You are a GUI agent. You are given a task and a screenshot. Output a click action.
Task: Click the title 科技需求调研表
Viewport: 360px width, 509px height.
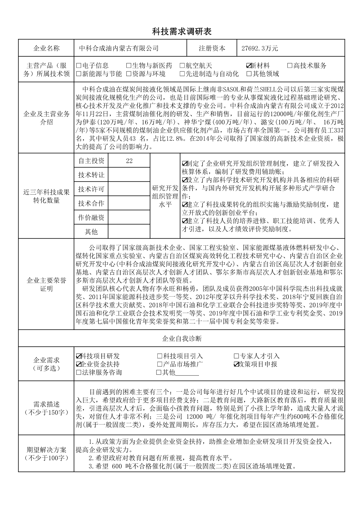click(182, 32)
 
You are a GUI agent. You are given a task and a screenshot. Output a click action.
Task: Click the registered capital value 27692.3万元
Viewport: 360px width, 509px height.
click(260, 48)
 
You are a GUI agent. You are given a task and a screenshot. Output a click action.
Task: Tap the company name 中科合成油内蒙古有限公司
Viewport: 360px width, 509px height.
click(119, 48)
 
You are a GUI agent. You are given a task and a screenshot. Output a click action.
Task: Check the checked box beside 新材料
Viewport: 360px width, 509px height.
click(249, 66)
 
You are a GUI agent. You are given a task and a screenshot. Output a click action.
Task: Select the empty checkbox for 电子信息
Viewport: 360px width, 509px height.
click(78, 66)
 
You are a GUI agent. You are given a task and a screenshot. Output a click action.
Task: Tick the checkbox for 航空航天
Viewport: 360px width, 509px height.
click(182, 66)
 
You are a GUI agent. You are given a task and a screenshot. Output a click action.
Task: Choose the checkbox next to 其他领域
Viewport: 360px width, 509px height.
click(249, 74)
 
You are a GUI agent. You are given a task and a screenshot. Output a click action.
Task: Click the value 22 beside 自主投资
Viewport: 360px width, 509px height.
click(129, 161)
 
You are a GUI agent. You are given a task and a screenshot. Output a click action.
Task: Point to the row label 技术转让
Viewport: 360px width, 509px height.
click(91, 175)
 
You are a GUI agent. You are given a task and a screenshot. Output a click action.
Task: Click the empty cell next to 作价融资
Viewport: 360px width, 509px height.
click(129, 217)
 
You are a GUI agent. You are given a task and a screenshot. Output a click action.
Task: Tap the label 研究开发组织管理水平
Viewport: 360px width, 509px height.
click(165, 196)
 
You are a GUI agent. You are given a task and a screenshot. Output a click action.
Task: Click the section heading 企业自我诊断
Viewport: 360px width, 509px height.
click(182, 339)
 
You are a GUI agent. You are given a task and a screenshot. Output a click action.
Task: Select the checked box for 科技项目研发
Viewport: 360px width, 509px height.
click(78, 356)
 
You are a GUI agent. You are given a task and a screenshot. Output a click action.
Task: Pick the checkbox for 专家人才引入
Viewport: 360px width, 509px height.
click(236, 356)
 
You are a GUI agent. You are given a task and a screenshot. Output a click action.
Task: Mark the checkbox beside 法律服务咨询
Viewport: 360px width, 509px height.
click(78, 372)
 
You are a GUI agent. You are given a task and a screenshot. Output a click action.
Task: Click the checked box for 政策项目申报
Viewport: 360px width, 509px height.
click(236, 364)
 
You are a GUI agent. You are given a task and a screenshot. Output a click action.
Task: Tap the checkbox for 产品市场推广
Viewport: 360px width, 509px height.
click(159, 364)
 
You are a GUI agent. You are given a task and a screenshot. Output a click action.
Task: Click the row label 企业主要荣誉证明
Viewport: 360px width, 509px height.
click(46, 284)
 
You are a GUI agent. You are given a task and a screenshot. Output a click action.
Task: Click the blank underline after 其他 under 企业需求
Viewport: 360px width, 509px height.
click(187, 373)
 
